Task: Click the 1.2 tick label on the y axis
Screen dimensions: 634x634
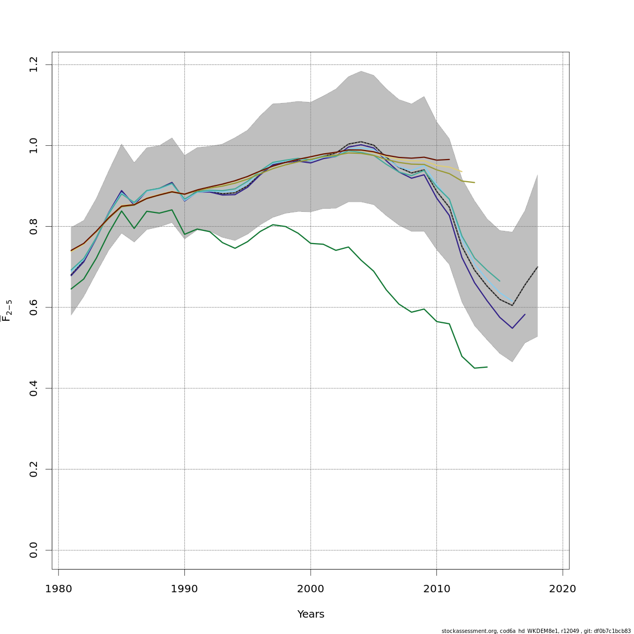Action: [34, 65]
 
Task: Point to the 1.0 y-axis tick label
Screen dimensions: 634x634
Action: [34, 145]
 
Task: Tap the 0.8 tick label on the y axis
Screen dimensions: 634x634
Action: [34, 227]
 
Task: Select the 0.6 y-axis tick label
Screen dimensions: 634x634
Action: [34, 307]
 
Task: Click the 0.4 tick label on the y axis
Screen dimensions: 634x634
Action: [34, 388]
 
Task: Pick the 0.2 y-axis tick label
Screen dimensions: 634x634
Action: [34, 469]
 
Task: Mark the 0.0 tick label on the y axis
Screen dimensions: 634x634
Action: [34, 550]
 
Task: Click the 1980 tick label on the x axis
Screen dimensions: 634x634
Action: [58, 589]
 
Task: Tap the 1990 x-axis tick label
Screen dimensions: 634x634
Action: [184, 589]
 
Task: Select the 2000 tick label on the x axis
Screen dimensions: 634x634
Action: [311, 589]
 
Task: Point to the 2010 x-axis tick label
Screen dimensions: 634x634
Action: [436, 589]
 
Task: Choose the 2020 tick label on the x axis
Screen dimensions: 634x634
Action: [563, 589]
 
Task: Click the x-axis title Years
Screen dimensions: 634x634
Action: [311, 614]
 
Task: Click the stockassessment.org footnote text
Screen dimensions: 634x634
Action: [536, 631]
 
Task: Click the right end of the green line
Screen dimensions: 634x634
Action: [487, 367]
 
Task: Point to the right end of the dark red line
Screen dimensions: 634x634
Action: [449, 159]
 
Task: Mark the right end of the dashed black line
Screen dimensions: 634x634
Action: [537, 267]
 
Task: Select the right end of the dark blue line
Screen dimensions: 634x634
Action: [525, 314]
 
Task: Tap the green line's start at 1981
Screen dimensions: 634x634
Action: [71, 289]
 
